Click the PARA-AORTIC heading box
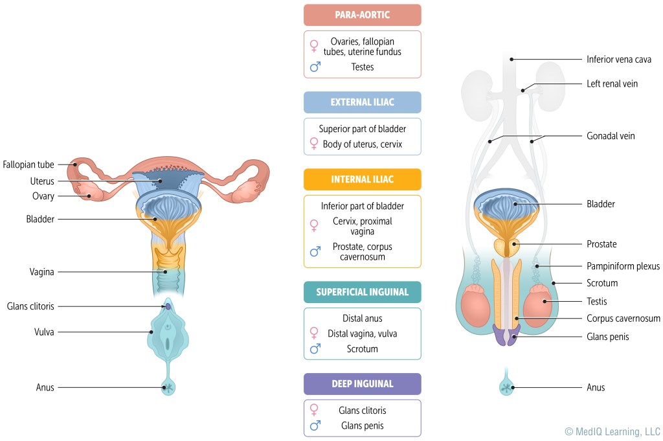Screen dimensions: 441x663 (x=362, y=15)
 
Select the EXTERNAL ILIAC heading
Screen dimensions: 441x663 (x=362, y=102)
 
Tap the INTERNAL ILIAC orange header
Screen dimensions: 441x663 (x=362, y=179)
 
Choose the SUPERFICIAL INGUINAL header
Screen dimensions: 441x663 (x=362, y=292)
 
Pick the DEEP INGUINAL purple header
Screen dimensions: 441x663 (x=362, y=384)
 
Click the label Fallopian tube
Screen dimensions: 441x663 (x=28, y=164)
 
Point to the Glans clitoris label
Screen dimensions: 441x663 (x=30, y=306)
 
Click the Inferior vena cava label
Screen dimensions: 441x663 (x=618, y=60)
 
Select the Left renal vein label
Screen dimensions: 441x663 (x=612, y=84)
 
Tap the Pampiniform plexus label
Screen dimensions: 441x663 (x=623, y=266)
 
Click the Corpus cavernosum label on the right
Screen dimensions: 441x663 (x=623, y=319)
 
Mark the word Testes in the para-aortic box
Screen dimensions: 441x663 (x=363, y=67)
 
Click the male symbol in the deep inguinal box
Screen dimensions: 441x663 (x=315, y=425)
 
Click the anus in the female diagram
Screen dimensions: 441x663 (x=168, y=388)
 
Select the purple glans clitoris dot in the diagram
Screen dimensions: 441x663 (x=168, y=306)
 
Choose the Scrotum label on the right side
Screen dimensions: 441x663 (x=602, y=283)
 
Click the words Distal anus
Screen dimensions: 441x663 (x=362, y=319)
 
